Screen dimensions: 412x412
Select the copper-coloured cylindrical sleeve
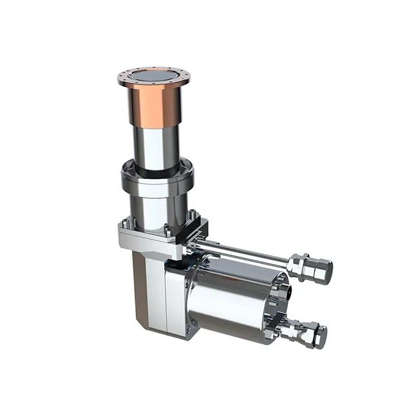pos(154,103)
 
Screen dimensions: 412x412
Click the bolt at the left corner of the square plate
pos(124,223)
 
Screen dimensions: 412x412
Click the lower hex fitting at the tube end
pos(308,333)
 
